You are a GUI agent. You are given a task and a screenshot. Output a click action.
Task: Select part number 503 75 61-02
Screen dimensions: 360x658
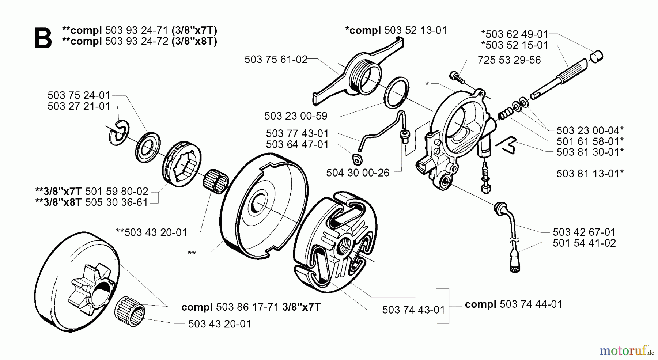(x=276, y=60)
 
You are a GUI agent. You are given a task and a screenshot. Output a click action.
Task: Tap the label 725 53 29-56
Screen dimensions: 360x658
(x=509, y=60)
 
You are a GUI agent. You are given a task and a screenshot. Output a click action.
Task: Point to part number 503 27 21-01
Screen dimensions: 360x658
(x=79, y=107)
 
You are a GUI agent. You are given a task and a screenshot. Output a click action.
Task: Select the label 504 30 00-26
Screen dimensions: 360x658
(x=358, y=173)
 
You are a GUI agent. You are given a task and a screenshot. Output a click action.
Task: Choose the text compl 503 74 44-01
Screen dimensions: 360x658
(x=513, y=304)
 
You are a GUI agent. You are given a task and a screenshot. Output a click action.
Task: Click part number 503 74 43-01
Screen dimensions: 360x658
(x=413, y=310)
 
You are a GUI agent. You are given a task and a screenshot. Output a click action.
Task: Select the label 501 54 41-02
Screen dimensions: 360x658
(x=584, y=243)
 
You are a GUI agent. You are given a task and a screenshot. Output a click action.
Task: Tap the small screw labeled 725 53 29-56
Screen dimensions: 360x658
(x=455, y=76)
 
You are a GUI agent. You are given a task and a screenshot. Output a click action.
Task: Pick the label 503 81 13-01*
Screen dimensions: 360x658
(x=590, y=174)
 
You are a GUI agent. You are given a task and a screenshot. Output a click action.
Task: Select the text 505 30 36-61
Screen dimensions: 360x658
(x=116, y=202)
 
